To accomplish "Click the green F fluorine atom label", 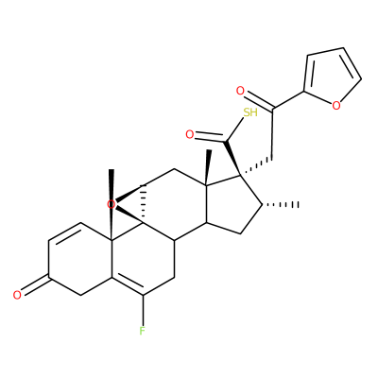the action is click(143, 331).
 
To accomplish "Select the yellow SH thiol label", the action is click(250, 112).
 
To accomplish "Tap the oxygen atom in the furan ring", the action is click(336, 105).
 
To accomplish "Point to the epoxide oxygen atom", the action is click(111, 204).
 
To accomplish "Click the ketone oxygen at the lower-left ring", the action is click(17, 295).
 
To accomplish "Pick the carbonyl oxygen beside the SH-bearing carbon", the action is click(189, 135).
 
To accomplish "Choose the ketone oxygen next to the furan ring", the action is click(240, 92).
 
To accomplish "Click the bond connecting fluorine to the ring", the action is click(143, 310).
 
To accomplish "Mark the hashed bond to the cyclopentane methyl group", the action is click(281, 205).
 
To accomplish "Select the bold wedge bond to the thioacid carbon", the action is click(232, 158).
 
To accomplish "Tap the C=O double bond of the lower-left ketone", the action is click(36, 286).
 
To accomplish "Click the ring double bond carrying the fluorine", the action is click(127, 285).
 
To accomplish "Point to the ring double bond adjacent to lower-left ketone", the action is click(64, 233).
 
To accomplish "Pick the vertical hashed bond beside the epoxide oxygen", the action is click(144, 205).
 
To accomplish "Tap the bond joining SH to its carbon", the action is click(235, 129).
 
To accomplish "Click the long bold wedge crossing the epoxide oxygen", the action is click(112, 205).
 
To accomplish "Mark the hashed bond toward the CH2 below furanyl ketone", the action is click(256, 165).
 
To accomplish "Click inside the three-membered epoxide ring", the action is click(132, 205).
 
